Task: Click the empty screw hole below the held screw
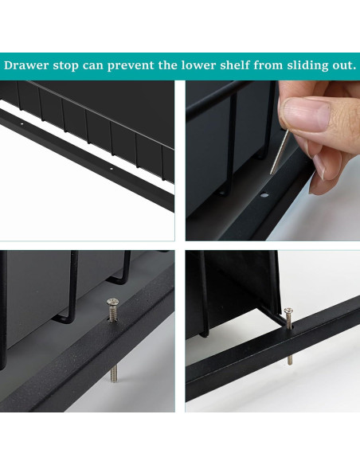click(x=264, y=193)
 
